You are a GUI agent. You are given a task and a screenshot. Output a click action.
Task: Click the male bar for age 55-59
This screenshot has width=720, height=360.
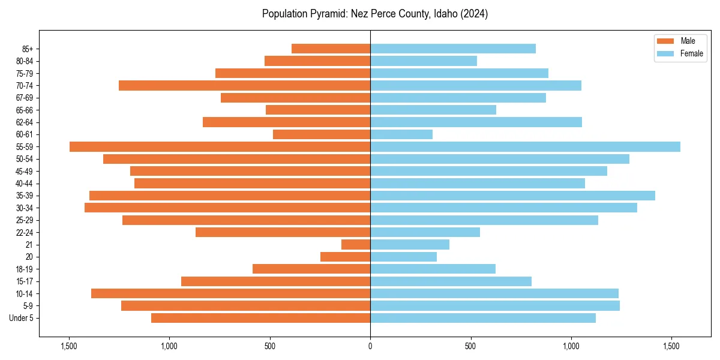220,146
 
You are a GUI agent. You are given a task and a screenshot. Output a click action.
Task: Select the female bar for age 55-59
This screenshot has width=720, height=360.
525,146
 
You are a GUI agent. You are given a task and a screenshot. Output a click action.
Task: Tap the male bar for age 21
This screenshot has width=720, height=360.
356,244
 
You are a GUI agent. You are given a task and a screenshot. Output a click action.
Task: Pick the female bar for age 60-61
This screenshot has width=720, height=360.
401,134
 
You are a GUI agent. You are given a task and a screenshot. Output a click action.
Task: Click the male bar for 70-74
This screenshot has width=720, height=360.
244,85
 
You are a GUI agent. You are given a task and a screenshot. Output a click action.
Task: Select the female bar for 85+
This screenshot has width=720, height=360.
453,49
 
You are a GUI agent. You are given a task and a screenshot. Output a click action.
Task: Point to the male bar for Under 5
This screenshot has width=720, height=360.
260,318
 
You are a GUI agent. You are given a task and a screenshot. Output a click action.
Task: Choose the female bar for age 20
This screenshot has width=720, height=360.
403,257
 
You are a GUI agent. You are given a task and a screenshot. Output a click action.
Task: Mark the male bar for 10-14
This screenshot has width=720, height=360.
230,293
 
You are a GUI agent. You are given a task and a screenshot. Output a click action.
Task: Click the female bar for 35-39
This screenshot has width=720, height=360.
512,196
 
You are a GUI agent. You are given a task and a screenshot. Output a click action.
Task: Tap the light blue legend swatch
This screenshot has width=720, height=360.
665,53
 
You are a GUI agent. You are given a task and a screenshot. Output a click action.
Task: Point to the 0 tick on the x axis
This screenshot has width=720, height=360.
370,346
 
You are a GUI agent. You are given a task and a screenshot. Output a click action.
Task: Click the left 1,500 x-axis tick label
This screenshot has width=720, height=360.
69,346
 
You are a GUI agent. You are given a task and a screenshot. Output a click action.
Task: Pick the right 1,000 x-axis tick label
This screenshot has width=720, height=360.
571,346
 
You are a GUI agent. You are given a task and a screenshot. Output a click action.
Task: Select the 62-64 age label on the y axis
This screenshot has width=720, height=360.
25,122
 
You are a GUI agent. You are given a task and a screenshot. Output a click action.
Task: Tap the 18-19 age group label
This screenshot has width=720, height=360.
25,269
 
